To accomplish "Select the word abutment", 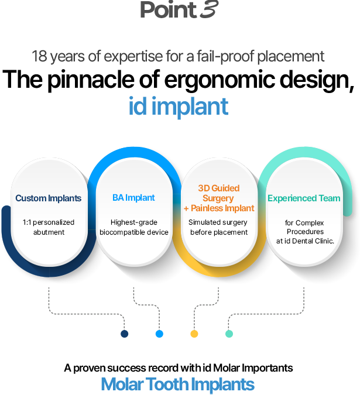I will tap(48, 232).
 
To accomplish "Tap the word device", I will tap(157, 232).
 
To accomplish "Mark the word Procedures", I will tap(304, 231).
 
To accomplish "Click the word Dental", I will tap(310, 241).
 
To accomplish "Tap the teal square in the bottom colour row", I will tap(229, 338).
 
